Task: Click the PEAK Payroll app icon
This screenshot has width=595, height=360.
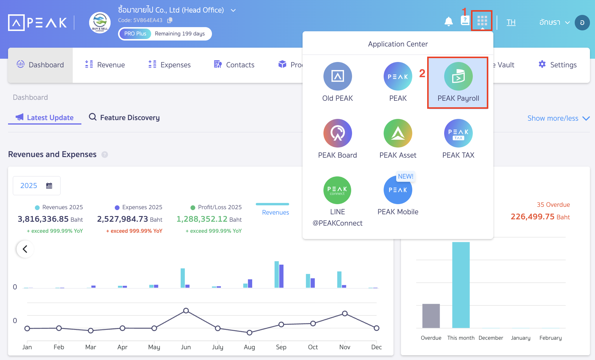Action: pos(458,77)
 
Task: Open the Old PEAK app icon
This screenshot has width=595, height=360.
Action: pos(337,77)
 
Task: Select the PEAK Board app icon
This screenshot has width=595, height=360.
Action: pos(337,133)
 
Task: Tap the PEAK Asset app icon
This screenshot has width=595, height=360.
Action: pos(398,133)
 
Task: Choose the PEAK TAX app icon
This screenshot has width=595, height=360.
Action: pos(458,133)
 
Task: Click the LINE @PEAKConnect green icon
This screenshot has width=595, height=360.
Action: pos(337,190)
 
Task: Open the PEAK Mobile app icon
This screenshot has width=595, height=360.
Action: pos(398,190)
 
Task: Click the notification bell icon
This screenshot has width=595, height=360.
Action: pos(448,21)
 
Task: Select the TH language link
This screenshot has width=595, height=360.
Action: pos(511,22)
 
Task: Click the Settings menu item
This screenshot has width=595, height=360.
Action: pos(557,65)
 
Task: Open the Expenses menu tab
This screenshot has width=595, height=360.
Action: pos(169,65)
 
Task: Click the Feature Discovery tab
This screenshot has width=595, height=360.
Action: pos(124,117)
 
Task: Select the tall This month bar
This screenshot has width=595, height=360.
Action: pos(461,285)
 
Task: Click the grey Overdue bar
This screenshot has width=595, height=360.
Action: pos(431,316)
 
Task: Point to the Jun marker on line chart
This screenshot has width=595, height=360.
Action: pos(186,311)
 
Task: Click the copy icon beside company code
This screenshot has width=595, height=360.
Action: pos(170,20)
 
